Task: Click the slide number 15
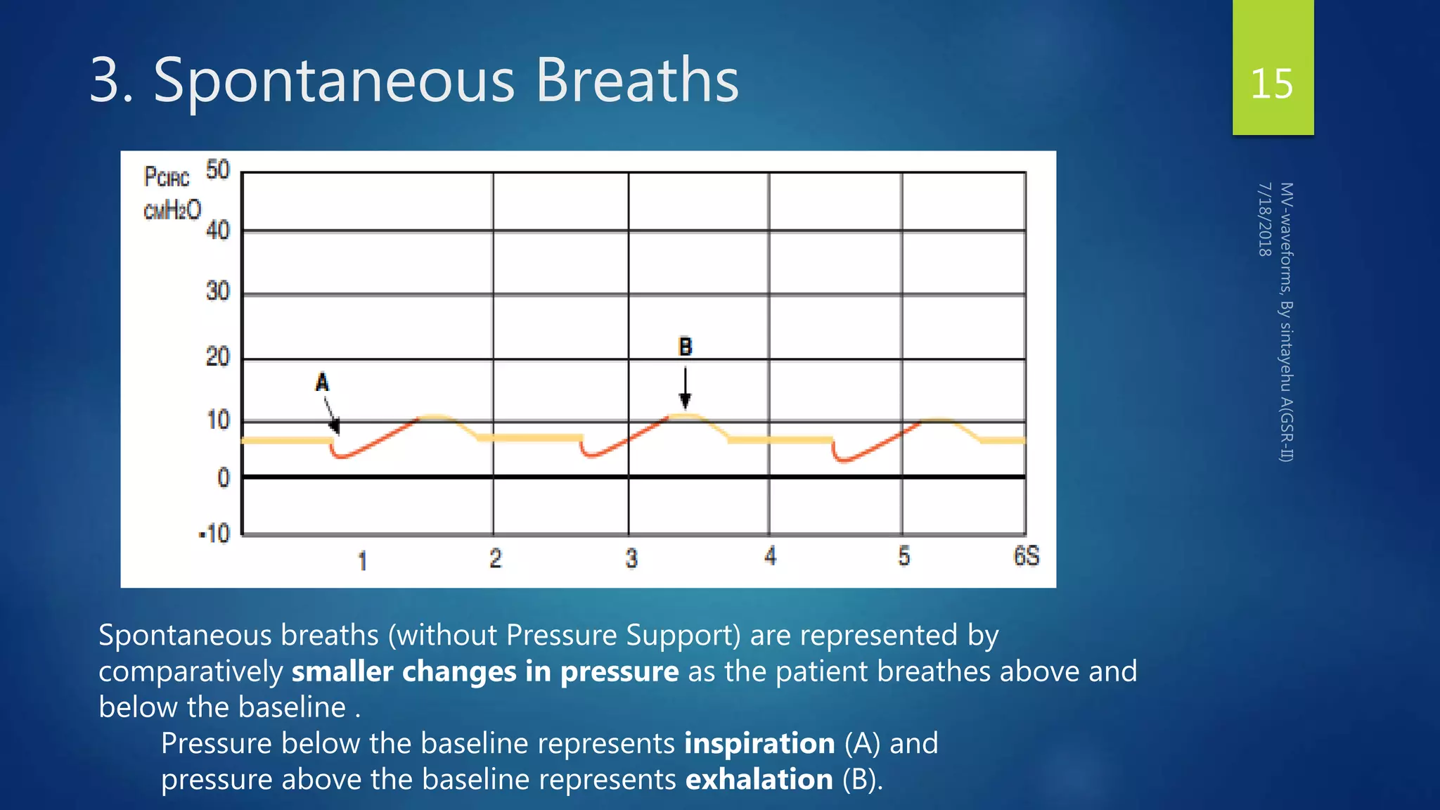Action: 1271,84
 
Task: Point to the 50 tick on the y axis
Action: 218,169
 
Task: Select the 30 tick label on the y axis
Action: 218,291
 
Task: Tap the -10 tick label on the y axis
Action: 215,534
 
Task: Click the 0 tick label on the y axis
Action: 224,478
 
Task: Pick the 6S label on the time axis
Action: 1026,556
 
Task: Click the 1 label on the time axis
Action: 362,560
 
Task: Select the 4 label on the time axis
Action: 771,556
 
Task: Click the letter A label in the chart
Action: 322,382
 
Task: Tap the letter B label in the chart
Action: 685,347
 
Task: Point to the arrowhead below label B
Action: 685,401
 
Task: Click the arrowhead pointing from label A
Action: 335,426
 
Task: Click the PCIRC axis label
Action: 167,176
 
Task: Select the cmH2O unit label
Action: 172,210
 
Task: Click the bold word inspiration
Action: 759,743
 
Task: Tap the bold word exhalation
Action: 759,780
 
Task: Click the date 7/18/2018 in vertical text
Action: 1264,219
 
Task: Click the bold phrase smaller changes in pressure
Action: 485,671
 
